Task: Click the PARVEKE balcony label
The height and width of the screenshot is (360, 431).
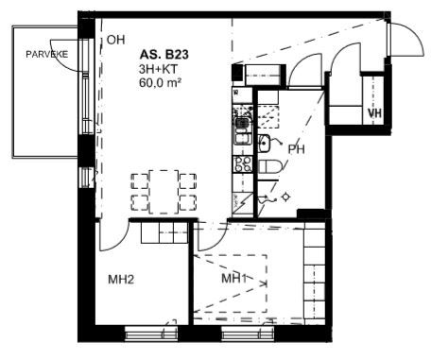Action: [x=46, y=54]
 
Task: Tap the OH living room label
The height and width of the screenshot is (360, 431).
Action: [x=115, y=40]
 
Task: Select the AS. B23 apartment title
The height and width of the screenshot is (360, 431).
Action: [x=164, y=55]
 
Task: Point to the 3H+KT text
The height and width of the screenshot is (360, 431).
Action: [x=158, y=69]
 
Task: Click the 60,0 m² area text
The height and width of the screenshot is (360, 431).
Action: [x=160, y=82]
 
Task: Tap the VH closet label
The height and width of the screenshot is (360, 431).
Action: [x=374, y=112]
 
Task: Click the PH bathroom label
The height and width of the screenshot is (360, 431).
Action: [x=297, y=149]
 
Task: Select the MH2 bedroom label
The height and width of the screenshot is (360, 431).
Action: [x=121, y=280]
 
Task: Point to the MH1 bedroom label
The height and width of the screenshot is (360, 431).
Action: [x=233, y=279]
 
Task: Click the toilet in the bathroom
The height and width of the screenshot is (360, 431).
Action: [x=269, y=166]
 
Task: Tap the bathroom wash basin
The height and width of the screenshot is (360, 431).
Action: [x=264, y=143]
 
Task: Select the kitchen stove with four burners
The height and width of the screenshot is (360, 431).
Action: [x=243, y=164]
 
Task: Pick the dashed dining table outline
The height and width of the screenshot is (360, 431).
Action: [x=164, y=192]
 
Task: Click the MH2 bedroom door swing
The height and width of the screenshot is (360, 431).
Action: [x=114, y=236]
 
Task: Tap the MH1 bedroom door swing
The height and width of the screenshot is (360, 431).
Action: [x=212, y=236]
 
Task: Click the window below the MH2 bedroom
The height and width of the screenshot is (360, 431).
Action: [x=151, y=334]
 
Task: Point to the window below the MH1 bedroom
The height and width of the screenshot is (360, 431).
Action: [x=248, y=334]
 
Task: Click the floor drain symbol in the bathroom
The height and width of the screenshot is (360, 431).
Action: [x=285, y=197]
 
